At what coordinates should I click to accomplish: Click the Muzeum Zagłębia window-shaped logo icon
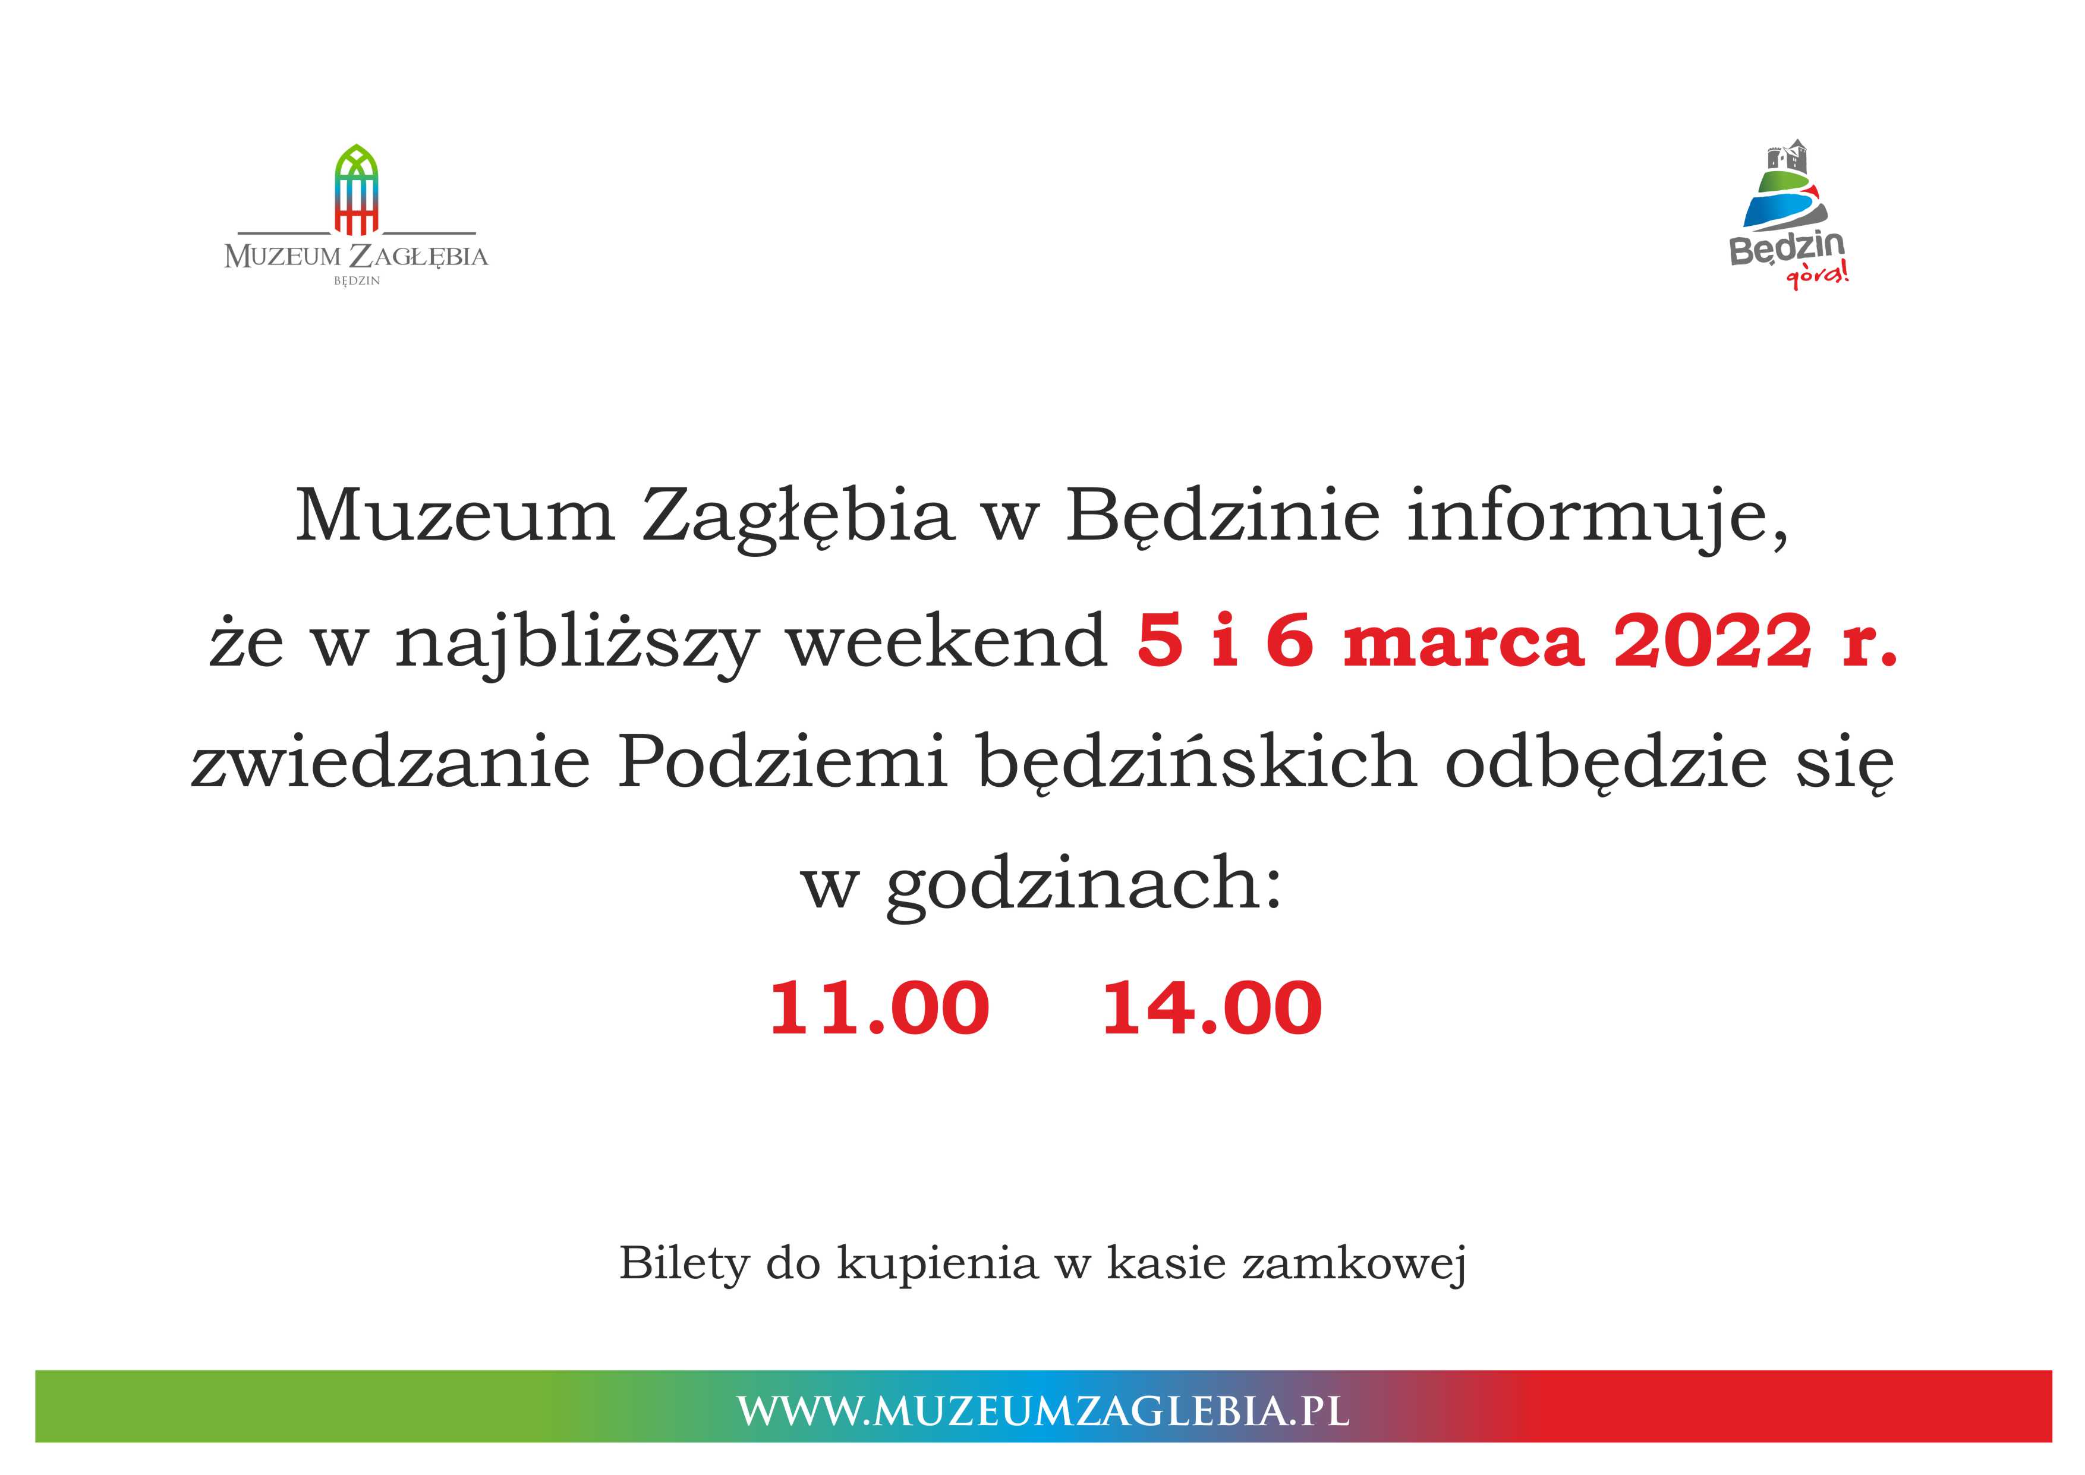click(x=356, y=189)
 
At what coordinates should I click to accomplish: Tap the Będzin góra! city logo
click(x=1788, y=215)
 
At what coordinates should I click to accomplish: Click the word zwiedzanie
click(x=390, y=761)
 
